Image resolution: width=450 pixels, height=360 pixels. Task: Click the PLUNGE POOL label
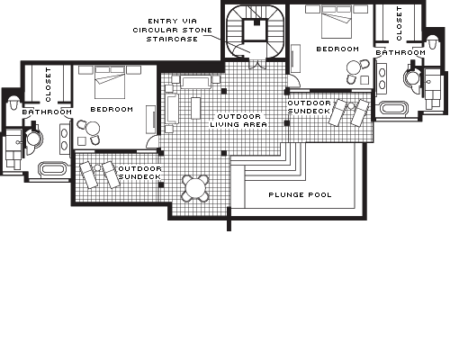coord(300,194)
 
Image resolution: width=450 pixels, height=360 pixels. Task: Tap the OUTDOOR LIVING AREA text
coord(238,121)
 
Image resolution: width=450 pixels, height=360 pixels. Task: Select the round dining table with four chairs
coord(195,188)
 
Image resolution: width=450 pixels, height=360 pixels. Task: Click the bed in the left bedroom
coord(110,82)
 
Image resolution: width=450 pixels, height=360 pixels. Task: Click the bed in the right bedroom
coord(337,22)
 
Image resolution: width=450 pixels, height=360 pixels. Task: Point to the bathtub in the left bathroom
coord(53,168)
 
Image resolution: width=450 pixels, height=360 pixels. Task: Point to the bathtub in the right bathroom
coord(394,108)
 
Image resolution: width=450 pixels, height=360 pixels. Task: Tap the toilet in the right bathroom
coord(432,42)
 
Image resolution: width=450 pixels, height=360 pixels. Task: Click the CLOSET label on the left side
coord(48,85)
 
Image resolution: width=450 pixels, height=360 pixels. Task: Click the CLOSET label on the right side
coord(399,23)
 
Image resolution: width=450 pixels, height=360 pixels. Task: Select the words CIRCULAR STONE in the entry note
coord(173,30)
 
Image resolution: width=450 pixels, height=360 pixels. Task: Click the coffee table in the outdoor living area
coord(195,108)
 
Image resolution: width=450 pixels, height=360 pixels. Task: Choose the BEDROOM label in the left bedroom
coord(112,109)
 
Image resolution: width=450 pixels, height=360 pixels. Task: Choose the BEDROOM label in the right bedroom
coord(337,49)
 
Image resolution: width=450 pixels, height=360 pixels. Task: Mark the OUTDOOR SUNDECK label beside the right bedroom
coord(310,107)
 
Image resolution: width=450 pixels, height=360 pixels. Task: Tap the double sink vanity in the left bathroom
coord(65,139)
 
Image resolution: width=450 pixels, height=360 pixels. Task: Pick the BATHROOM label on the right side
coord(400,53)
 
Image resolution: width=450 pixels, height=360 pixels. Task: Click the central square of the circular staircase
coord(255,30)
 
